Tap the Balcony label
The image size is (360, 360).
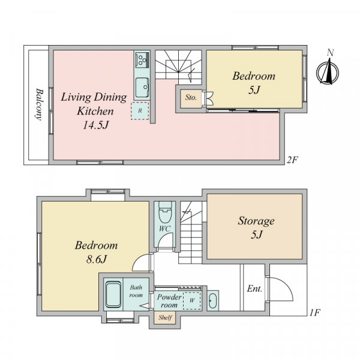[x=39, y=104]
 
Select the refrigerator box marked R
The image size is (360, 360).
[x=140, y=111]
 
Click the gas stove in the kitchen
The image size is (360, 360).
[x=142, y=59]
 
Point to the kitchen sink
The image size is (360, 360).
[x=142, y=88]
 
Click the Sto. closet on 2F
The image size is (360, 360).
[x=191, y=99]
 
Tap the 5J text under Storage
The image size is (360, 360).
[x=256, y=235]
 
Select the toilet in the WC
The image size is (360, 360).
[x=165, y=212]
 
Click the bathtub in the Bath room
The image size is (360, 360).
[x=113, y=295]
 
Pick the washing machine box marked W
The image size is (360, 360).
[x=192, y=301]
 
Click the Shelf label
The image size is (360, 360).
[x=165, y=317]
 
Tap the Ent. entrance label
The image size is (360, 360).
[x=254, y=289]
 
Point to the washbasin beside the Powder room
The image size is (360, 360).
[x=213, y=301]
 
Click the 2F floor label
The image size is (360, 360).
[x=292, y=160]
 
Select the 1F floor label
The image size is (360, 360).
[x=314, y=313]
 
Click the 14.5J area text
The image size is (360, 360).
[x=95, y=125]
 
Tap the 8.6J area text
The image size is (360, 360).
[x=97, y=259]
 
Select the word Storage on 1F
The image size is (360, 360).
[x=256, y=221]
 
